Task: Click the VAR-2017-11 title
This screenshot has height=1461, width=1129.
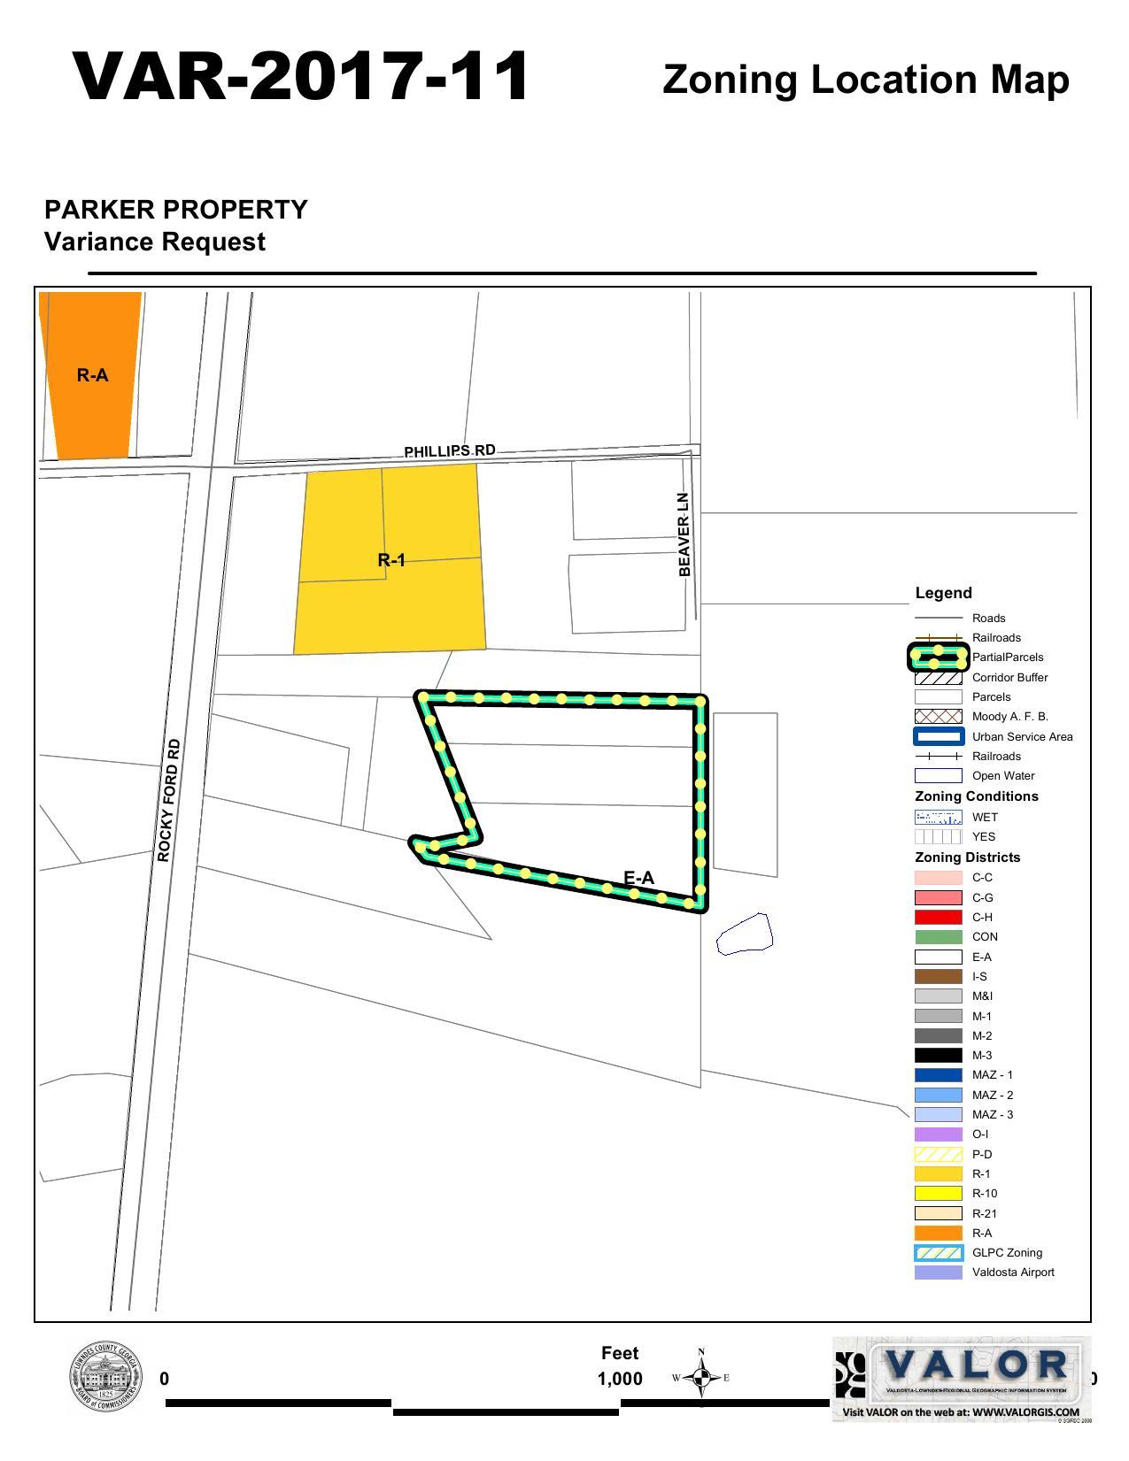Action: pyautogui.click(x=301, y=77)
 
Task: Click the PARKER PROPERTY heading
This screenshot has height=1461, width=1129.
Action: pyautogui.click(x=176, y=210)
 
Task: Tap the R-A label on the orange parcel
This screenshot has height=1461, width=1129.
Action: pyautogui.click(x=92, y=375)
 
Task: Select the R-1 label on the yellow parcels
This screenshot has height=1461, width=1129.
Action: pyautogui.click(x=391, y=559)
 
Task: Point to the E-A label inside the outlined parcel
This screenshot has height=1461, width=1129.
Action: pyautogui.click(x=638, y=877)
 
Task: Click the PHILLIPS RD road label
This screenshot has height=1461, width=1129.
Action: pyautogui.click(x=450, y=451)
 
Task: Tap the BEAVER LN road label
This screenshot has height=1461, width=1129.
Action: pyautogui.click(x=684, y=534)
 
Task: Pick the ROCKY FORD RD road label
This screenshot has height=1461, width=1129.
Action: pyautogui.click(x=168, y=800)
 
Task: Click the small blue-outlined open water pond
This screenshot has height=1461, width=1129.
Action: pyautogui.click(x=745, y=934)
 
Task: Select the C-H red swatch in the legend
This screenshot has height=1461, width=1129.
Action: pyautogui.click(x=938, y=917)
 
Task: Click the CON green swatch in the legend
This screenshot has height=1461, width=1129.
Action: pyautogui.click(x=938, y=936)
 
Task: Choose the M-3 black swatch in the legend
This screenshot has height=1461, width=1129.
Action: pyautogui.click(x=938, y=1055)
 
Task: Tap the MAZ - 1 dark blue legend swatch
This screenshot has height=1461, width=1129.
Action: pyautogui.click(x=938, y=1074)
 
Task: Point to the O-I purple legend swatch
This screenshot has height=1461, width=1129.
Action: pyautogui.click(x=938, y=1134)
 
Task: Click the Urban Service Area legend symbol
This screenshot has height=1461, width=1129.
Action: pyautogui.click(x=938, y=736)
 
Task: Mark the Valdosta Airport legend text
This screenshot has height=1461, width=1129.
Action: pyautogui.click(x=1013, y=1272)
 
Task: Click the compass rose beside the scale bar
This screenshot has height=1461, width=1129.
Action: pyautogui.click(x=701, y=1377)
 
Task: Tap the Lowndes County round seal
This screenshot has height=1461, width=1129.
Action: pyautogui.click(x=105, y=1378)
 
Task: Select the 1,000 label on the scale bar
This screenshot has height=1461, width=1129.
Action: pyautogui.click(x=620, y=1379)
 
